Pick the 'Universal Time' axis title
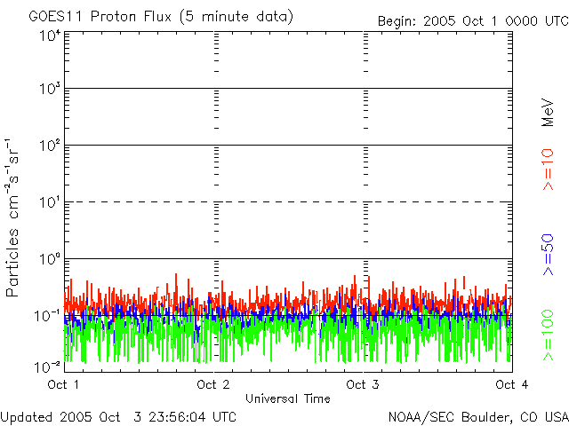[x=287, y=398]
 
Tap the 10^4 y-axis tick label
[x=50, y=36]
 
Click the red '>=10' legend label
[x=548, y=170]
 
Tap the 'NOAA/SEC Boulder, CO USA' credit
[x=477, y=415]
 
